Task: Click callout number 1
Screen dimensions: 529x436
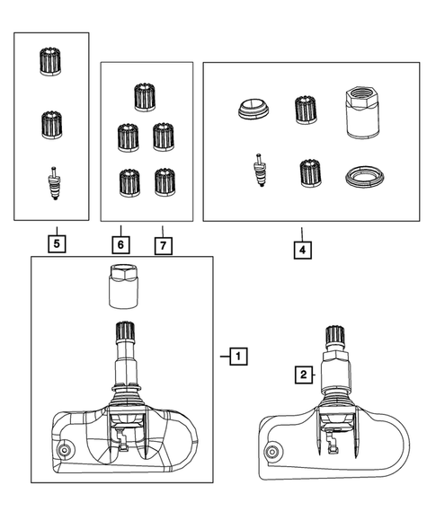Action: coord(237,357)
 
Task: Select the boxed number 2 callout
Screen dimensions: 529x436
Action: coord(305,374)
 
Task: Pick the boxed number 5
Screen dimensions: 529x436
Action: coord(57,242)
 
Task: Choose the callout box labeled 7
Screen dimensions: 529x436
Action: coord(162,244)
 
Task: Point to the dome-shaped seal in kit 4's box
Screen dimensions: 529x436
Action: coord(251,110)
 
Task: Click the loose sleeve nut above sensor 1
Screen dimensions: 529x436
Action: coord(120,287)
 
